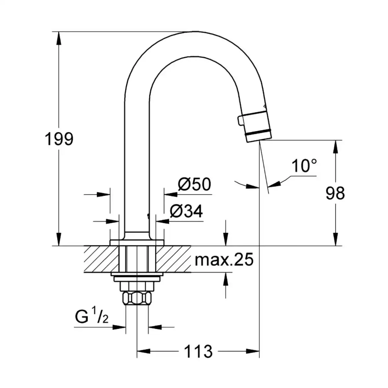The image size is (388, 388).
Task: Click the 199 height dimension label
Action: click(x=59, y=139)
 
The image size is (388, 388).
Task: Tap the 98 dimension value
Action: click(x=335, y=193)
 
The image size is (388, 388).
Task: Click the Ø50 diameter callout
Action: click(x=195, y=184)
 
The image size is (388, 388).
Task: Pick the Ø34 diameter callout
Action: click(x=186, y=211)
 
